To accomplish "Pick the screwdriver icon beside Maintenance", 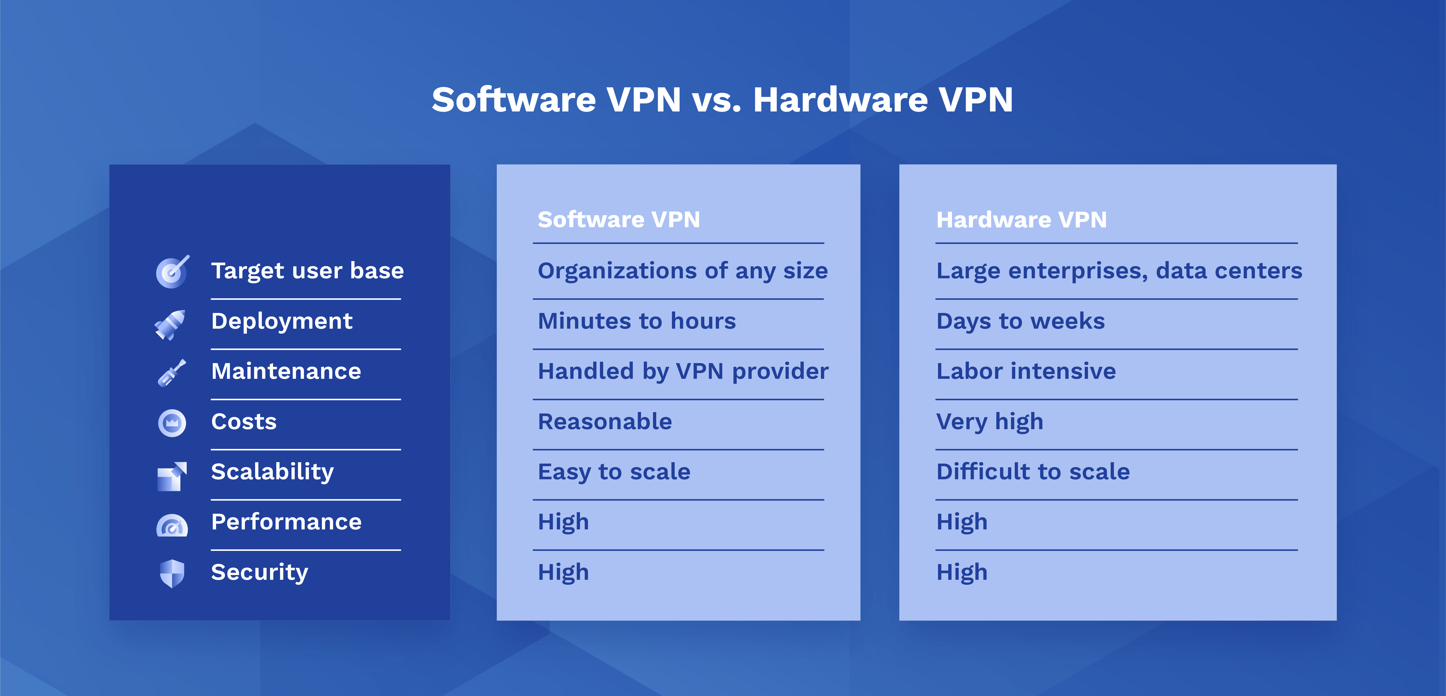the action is [172, 372].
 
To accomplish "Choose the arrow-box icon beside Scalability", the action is [172, 476].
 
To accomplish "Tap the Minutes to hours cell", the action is [637, 321].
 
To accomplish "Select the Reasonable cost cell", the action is [605, 421].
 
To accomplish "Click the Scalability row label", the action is [272, 472].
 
